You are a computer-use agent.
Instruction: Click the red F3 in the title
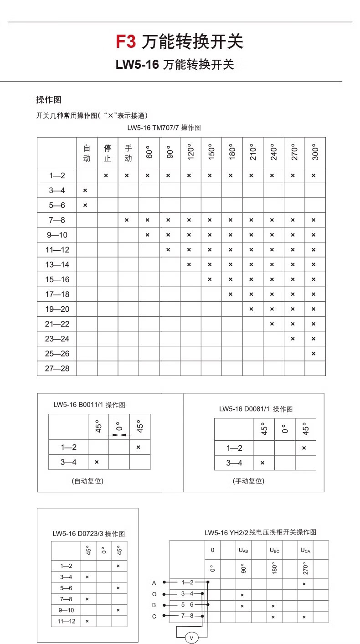[x=126, y=42]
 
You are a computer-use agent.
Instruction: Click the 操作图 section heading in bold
[x=49, y=100]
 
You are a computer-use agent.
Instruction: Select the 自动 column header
[x=87, y=153]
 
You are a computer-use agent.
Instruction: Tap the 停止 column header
[x=108, y=153]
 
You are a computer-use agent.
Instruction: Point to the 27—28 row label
[x=57, y=368]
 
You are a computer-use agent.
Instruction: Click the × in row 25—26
[x=314, y=353]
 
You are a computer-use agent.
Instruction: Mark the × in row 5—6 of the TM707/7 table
[x=85, y=205]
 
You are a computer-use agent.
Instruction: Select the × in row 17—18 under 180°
[x=230, y=294]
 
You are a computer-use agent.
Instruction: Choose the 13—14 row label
[x=57, y=264]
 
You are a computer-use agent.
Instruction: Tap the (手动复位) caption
[x=248, y=481]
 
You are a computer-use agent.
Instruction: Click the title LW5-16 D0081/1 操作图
[x=256, y=409]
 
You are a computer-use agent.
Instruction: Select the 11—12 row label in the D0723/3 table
[x=66, y=621]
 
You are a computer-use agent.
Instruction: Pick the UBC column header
[x=274, y=550]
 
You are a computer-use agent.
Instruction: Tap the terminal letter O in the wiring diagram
[x=154, y=594]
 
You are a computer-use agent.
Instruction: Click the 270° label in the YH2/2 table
[x=305, y=568]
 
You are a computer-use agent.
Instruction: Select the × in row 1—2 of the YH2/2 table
[x=304, y=584]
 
